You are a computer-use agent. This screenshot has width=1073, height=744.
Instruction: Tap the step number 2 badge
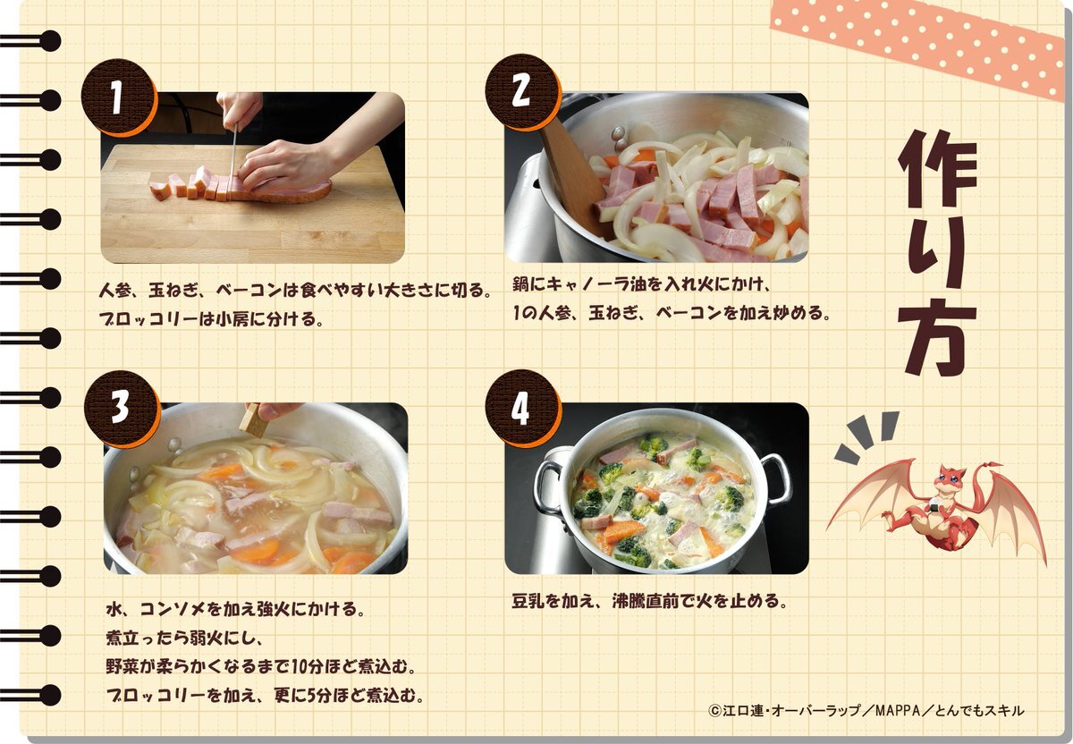coord(522,92)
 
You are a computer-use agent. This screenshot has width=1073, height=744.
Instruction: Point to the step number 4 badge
coord(522,408)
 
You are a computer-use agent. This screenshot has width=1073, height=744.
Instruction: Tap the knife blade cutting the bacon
coord(234,159)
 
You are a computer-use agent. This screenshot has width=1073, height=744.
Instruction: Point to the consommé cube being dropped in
coord(253,420)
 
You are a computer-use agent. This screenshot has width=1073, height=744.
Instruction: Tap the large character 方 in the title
coord(935,336)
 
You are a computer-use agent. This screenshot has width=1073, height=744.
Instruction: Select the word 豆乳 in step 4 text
coord(528,601)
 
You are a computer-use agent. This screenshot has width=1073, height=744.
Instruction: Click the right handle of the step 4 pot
coord(775,479)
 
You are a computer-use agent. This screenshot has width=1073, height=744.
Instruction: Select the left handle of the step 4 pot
coord(548,487)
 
